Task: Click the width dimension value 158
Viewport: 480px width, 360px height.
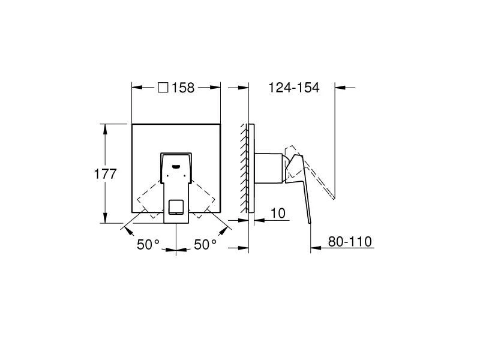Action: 184,88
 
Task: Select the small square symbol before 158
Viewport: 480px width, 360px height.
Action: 163,88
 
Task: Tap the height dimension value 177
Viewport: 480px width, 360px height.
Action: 105,173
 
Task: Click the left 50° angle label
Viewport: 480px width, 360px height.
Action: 148,244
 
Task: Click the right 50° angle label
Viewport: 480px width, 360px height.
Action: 205,244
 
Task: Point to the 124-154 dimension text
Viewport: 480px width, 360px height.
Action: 294,88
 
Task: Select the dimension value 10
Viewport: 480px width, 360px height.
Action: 277,213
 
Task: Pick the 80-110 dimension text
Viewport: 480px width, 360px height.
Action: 350,242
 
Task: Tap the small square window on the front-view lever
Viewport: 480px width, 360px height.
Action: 176,207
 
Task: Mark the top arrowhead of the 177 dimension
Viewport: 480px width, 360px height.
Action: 106,128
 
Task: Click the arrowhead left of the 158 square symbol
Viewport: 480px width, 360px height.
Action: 136,88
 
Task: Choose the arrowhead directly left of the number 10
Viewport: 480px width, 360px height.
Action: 258,220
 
